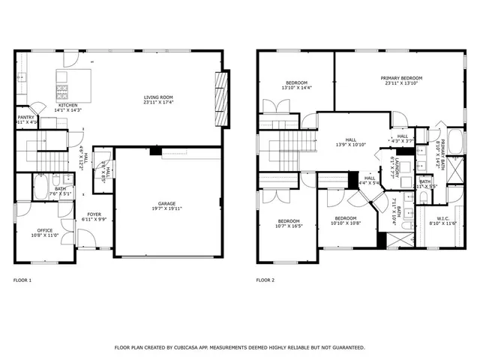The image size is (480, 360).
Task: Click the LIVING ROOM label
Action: [x=158, y=97]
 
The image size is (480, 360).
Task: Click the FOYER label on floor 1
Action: [x=94, y=214]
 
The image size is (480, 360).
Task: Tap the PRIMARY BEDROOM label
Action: [x=401, y=78]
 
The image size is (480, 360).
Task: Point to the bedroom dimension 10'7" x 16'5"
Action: [x=289, y=226]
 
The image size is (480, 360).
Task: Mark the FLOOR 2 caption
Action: [x=265, y=280]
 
